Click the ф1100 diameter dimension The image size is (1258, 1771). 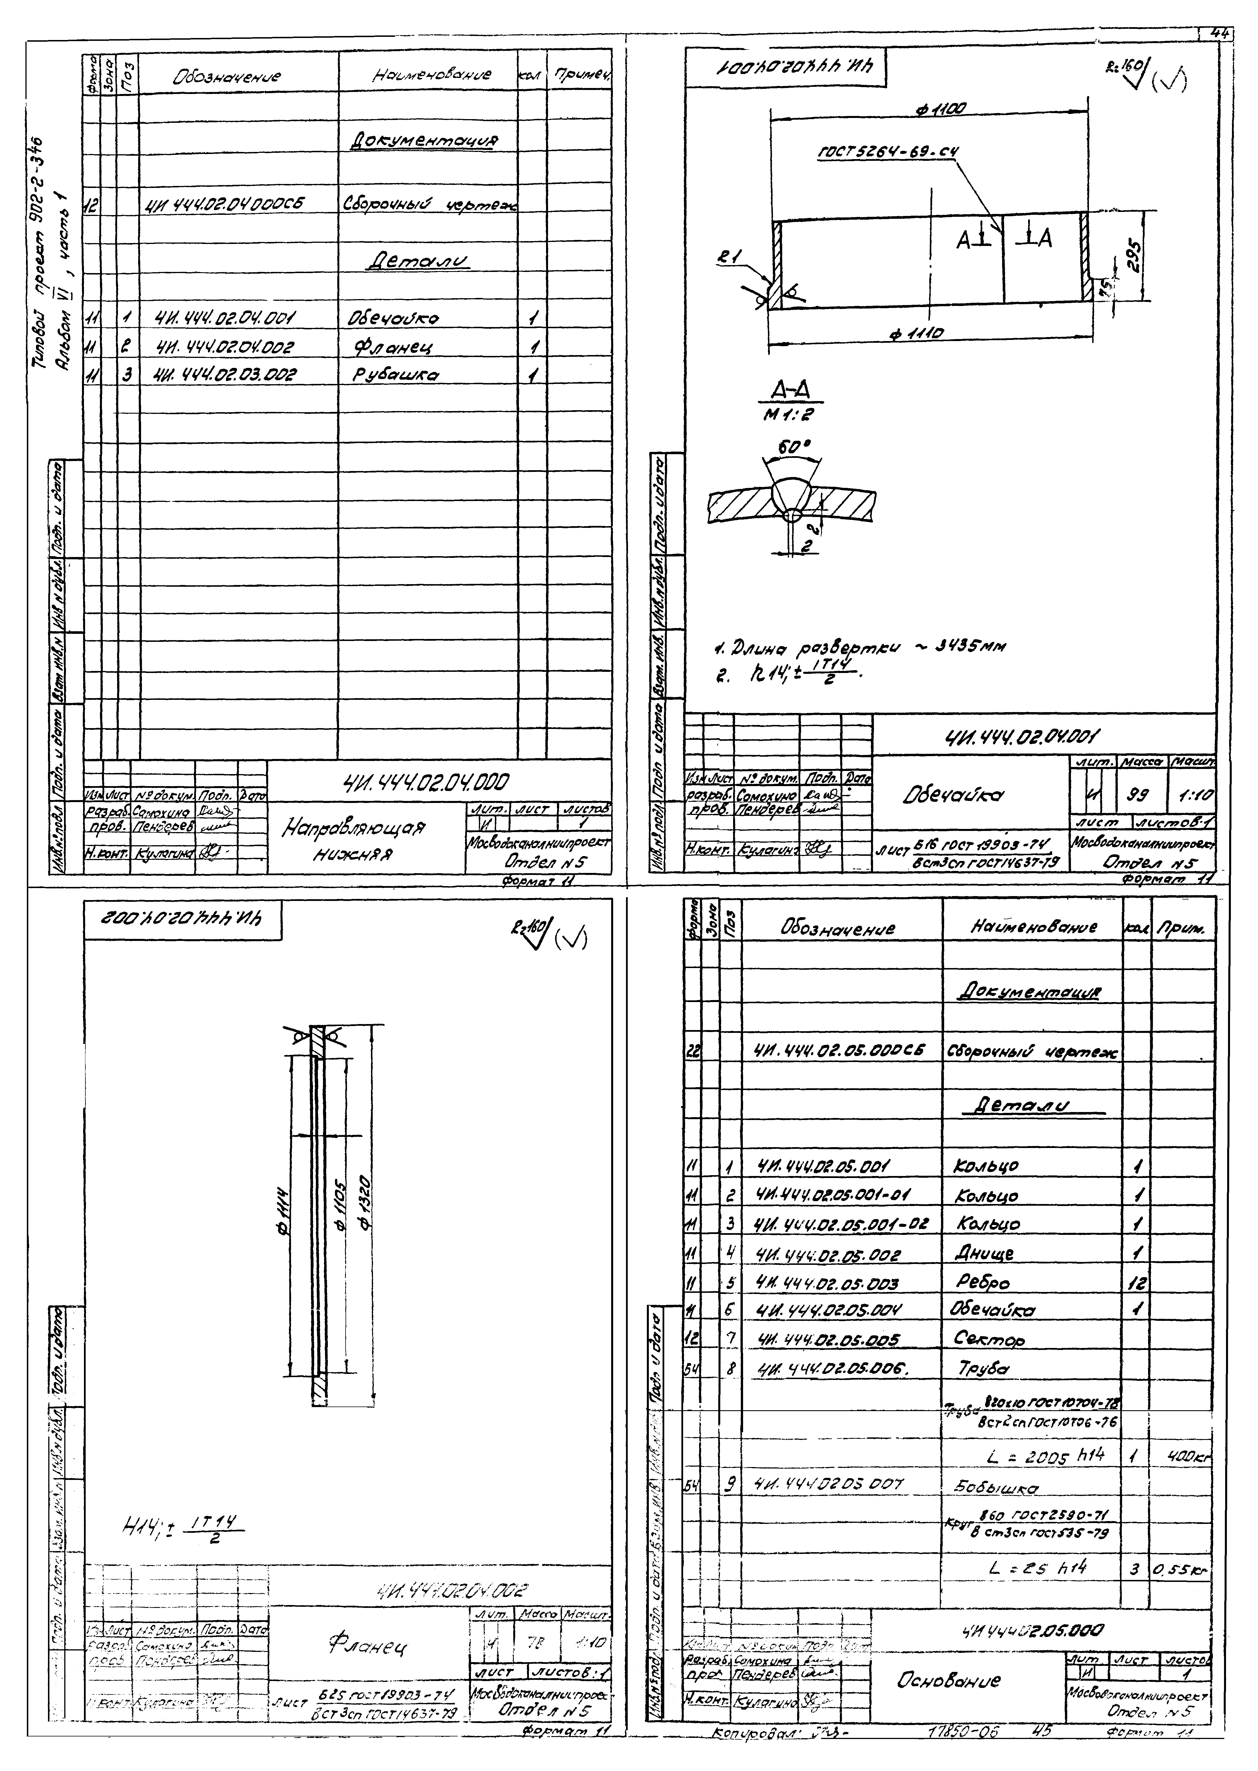940,111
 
